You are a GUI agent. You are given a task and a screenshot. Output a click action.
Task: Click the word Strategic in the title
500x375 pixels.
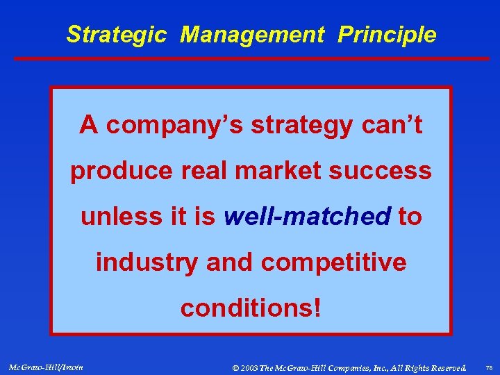pos(116,35)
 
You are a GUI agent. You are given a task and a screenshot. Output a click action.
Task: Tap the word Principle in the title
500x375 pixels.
pos(387,35)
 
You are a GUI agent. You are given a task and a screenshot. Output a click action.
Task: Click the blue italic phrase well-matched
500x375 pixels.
pos(307,217)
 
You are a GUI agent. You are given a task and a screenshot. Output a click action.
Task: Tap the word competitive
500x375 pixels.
pos(333,262)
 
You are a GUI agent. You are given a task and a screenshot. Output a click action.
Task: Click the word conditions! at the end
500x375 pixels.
pos(251,308)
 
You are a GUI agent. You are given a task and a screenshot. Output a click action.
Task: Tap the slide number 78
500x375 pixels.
pos(487,367)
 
